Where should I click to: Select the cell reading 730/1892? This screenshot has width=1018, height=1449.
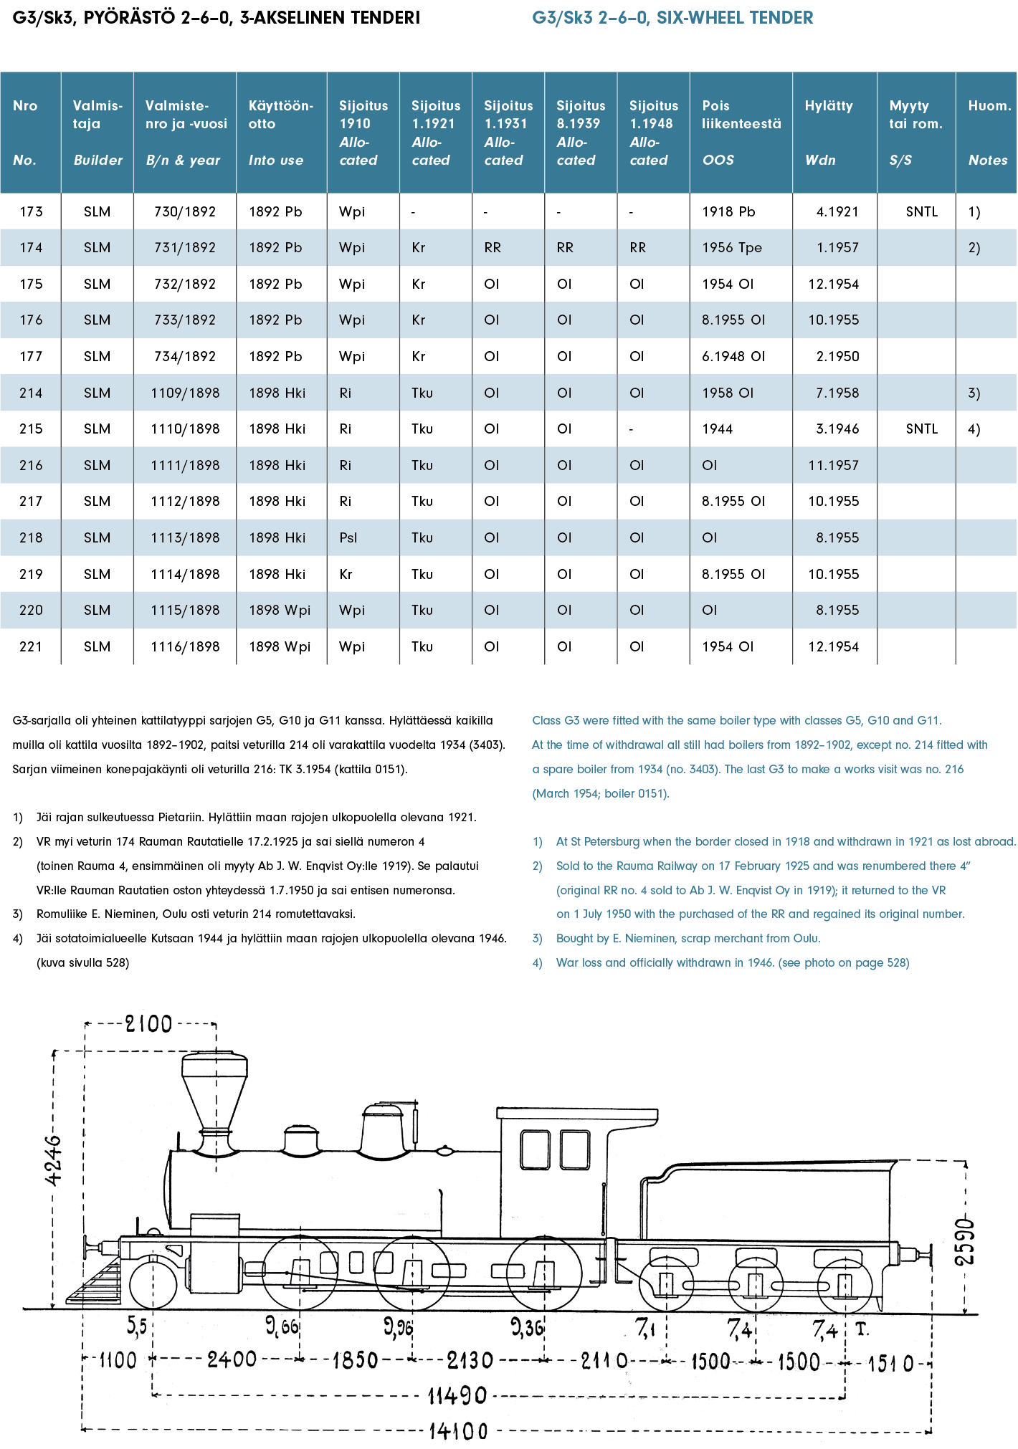(185, 211)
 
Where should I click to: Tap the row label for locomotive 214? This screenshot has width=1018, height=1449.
(31, 393)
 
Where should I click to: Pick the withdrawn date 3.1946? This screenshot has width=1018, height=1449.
(837, 429)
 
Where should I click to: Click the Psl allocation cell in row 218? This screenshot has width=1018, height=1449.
(348, 537)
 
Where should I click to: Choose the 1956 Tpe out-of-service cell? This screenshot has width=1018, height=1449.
(732, 247)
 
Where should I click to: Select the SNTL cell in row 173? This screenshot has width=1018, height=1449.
(922, 211)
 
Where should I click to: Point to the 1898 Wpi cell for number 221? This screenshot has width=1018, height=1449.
(280, 646)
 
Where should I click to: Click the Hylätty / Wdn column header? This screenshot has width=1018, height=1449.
(829, 133)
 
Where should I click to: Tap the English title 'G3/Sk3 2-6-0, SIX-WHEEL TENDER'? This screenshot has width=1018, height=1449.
(672, 18)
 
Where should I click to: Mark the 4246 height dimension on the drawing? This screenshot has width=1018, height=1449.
(54, 1159)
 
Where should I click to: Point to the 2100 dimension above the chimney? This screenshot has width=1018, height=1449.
(149, 1023)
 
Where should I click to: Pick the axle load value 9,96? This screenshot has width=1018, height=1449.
(399, 1327)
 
